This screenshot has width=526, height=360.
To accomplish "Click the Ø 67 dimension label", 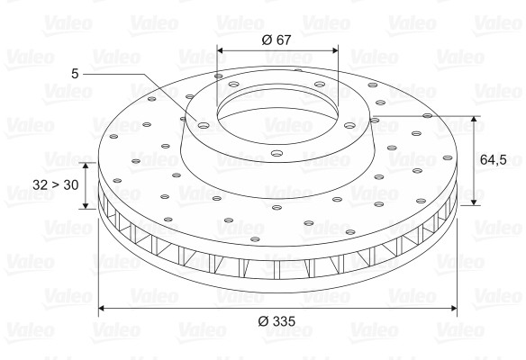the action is (277, 40).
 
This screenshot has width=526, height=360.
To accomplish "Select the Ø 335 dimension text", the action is (277, 321).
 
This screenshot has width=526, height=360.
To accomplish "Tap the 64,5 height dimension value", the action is (494, 160).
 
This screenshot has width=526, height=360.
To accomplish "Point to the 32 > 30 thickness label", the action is (55, 184).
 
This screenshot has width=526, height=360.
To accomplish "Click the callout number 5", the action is (75, 74).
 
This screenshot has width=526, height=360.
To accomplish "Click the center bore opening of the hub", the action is (277, 115).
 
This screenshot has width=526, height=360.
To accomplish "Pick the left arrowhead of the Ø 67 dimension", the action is (221, 50).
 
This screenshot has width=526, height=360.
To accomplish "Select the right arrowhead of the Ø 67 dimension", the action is (335, 50).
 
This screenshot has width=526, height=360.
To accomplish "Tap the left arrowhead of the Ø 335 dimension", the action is (102, 308).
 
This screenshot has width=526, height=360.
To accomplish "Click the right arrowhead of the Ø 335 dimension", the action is (453, 308).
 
